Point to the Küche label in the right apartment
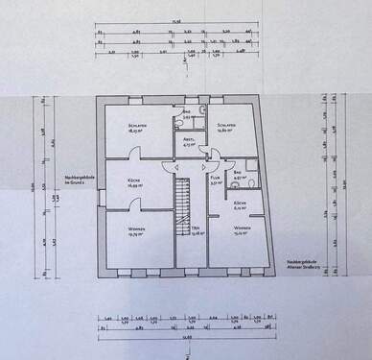[242, 204]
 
